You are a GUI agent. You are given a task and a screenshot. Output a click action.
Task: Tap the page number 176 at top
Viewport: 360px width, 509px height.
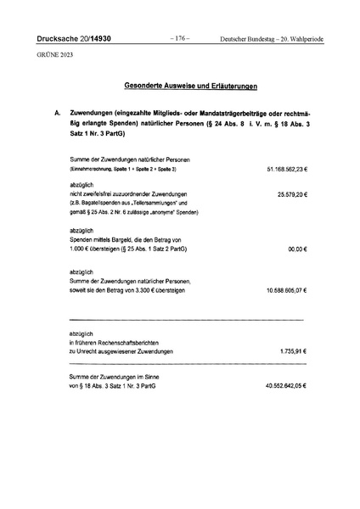[179, 39]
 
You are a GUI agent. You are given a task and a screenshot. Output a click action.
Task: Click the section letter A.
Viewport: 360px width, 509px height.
[56, 113]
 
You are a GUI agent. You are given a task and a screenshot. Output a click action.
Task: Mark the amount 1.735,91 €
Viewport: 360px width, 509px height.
[293, 351]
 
